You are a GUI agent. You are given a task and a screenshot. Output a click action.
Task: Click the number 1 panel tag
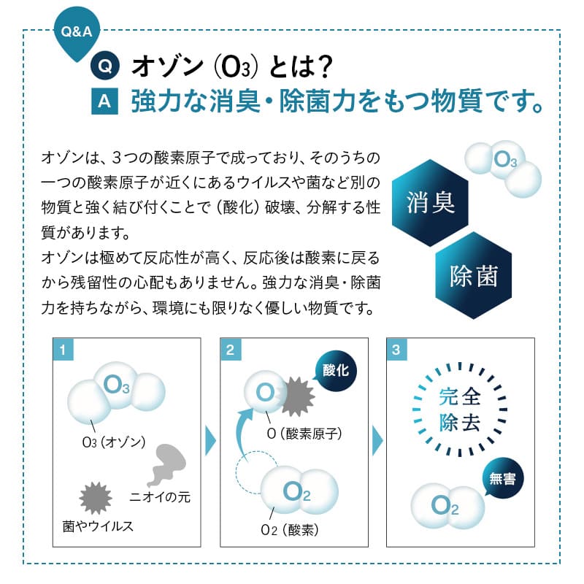tap(64, 350)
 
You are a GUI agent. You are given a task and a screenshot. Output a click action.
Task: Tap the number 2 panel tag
tap(230, 350)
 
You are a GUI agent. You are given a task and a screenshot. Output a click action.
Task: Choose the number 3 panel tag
tap(396, 350)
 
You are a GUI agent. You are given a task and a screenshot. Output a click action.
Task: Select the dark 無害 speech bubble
tap(502, 480)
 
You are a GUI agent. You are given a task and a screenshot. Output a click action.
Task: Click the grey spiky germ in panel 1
tap(96, 498)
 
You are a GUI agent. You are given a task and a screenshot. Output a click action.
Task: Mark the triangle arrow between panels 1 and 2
tap(210, 441)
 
